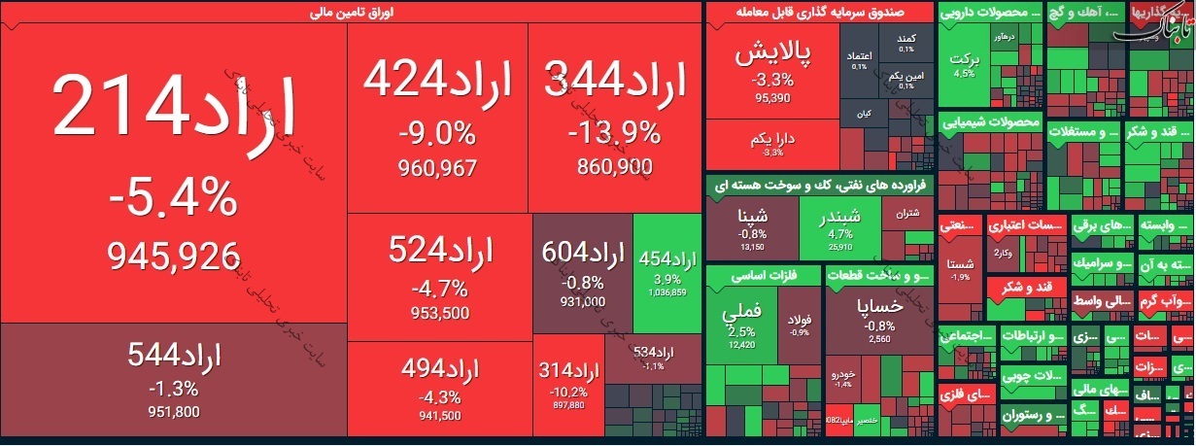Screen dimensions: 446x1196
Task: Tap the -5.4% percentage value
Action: [173, 200]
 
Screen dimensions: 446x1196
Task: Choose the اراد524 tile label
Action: [440, 252]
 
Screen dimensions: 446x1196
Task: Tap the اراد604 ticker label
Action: [582, 255]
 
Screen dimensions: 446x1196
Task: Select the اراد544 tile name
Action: [174, 355]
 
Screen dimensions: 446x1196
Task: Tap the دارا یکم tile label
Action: [773, 140]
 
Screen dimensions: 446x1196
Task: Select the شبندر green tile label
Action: [840, 216]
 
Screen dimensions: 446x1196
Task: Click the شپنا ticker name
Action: [753, 216]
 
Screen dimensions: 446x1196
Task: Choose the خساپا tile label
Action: [880, 305]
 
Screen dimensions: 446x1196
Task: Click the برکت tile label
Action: [965, 57]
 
